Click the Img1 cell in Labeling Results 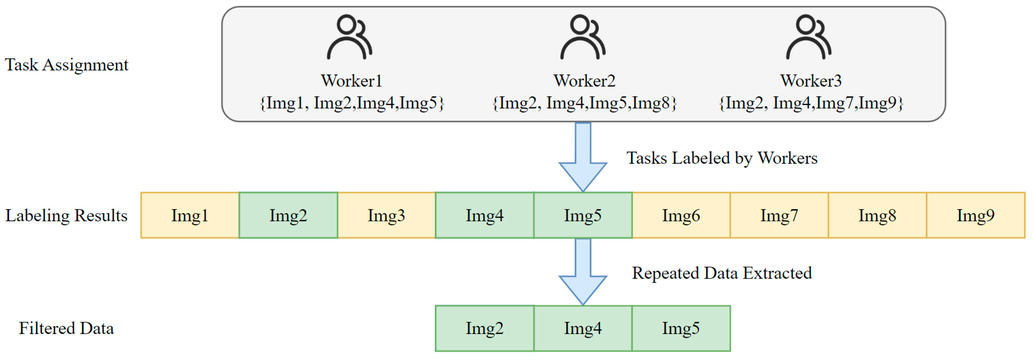coord(190,215)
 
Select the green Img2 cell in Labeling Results coord(288,215)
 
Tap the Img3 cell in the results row coord(386,215)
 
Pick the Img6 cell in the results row coord(681,215)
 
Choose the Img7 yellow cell coord(779,215)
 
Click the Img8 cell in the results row coord(877,215)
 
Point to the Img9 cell coord(975,215)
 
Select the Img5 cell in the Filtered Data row coord(681,328)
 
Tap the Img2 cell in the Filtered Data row coord(484,328)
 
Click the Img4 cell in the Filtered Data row coord(583,328)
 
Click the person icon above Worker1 coord(349,37)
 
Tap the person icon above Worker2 coord(583,37)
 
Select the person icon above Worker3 coord(808,37)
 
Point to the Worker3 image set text coord(811,103)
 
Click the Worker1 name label coord(351,81)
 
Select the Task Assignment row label coord(66,65)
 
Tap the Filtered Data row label coord(66,328)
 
